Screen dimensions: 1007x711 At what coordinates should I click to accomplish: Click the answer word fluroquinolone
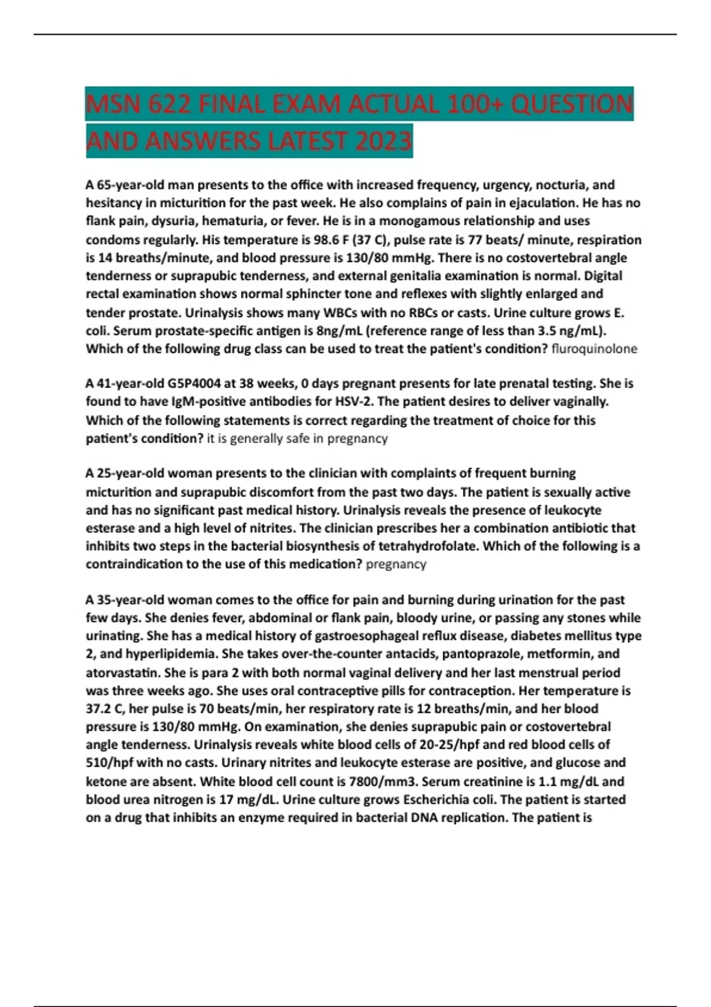[x=594, y=349]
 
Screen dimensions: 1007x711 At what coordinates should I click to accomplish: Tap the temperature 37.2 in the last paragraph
[x=97, y=709]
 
